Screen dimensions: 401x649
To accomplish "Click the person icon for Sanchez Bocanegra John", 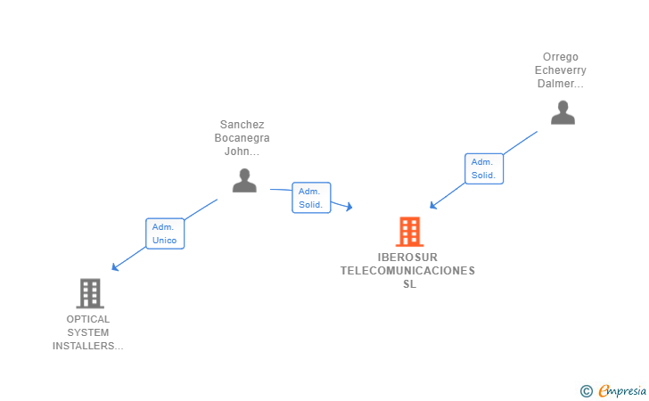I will [x=244, y=181].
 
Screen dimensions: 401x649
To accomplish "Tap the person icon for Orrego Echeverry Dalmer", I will [x=563, y=113].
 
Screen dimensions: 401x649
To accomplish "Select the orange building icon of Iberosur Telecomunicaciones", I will [x=409, y=232].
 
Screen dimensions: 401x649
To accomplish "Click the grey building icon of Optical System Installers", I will [x=89, y=292].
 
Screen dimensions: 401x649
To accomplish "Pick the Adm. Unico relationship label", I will [x=165, y=233].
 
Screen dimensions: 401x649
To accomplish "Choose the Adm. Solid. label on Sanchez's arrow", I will [x=311, y=198].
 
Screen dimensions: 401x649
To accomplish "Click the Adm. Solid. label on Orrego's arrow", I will [x=484, y=168].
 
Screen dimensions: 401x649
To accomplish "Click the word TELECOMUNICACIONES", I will [x=408, y=271].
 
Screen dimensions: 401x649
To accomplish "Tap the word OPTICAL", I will [x=88, y=319].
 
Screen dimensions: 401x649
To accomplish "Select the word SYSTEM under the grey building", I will [x=88, y=332].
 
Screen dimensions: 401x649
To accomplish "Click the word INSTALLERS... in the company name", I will [x=88, y=346].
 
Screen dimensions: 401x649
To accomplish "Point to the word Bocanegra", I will [x=242, y=138].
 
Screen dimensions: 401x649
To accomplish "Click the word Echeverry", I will [x=560, y=70].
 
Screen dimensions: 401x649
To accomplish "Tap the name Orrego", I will [x=560, y=57].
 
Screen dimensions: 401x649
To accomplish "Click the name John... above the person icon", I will [x=242, y=151].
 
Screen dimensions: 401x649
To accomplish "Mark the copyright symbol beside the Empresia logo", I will [x=586, y=390].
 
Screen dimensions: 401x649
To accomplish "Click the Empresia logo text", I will [x=620, y=390].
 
